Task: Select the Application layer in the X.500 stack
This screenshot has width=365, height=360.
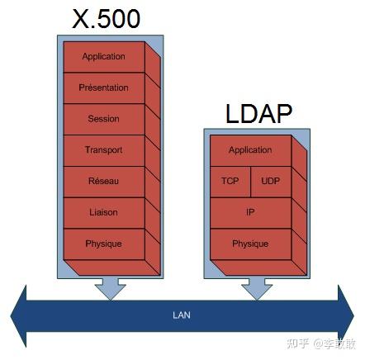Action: [x=104, y=57]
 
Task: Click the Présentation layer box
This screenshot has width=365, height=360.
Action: [x=104, y=88]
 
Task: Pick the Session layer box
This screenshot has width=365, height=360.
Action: [x=104, y=119]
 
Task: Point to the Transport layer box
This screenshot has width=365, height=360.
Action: [x=104, y=150]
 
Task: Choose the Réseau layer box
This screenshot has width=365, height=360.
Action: [x=104, y=181]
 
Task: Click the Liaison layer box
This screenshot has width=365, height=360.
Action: [x=104, y=212]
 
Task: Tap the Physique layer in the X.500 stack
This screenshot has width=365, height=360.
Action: [x=104, y=244]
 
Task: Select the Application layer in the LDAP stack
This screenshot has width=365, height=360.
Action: [x=250, y=150]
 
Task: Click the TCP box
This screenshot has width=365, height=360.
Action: [x=230, y=181]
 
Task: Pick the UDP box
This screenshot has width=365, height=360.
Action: [x=270, y=181]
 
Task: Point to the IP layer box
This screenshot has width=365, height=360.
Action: [x=250, y=212]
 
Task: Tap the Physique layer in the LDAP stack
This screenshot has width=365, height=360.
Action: [x=250, y=244]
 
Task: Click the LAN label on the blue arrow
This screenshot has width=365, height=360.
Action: [x=182, y=315]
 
